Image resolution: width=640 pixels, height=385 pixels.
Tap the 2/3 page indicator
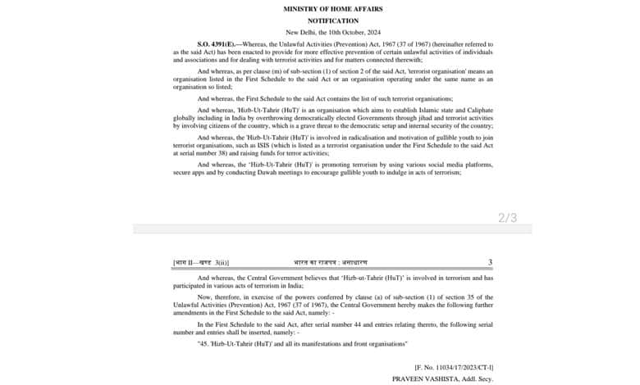coord(508,218)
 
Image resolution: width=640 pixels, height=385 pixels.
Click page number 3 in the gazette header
coord(490,262)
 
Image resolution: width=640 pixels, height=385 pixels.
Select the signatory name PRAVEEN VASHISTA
coord(424,379)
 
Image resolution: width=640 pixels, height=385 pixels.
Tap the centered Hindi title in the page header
coord(332,262)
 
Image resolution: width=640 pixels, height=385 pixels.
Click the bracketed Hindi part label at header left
coord(201,262)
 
